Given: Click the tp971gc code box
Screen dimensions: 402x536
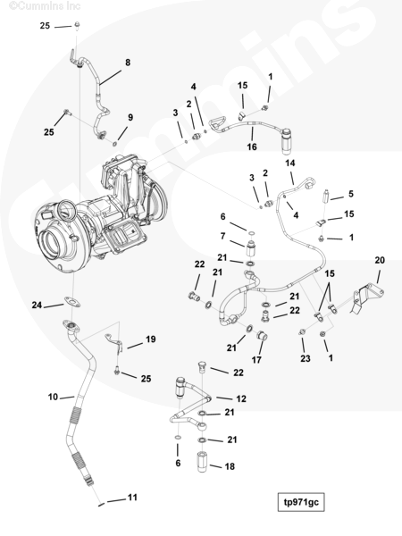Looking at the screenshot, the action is (301, 502).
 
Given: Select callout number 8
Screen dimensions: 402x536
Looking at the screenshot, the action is (128, 63).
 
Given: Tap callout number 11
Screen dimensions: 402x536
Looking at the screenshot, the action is (132, 497).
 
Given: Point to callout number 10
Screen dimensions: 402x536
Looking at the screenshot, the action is (53, 397).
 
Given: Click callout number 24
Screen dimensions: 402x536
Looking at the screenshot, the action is (37, 305).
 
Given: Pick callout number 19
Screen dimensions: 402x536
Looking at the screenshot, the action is (151, 339).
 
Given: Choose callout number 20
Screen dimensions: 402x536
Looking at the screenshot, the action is (380, 260).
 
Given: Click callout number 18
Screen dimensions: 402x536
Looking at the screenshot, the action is (230, 466).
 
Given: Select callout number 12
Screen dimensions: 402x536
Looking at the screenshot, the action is (241, 398).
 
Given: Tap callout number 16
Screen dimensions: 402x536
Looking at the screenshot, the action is (252, 147).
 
